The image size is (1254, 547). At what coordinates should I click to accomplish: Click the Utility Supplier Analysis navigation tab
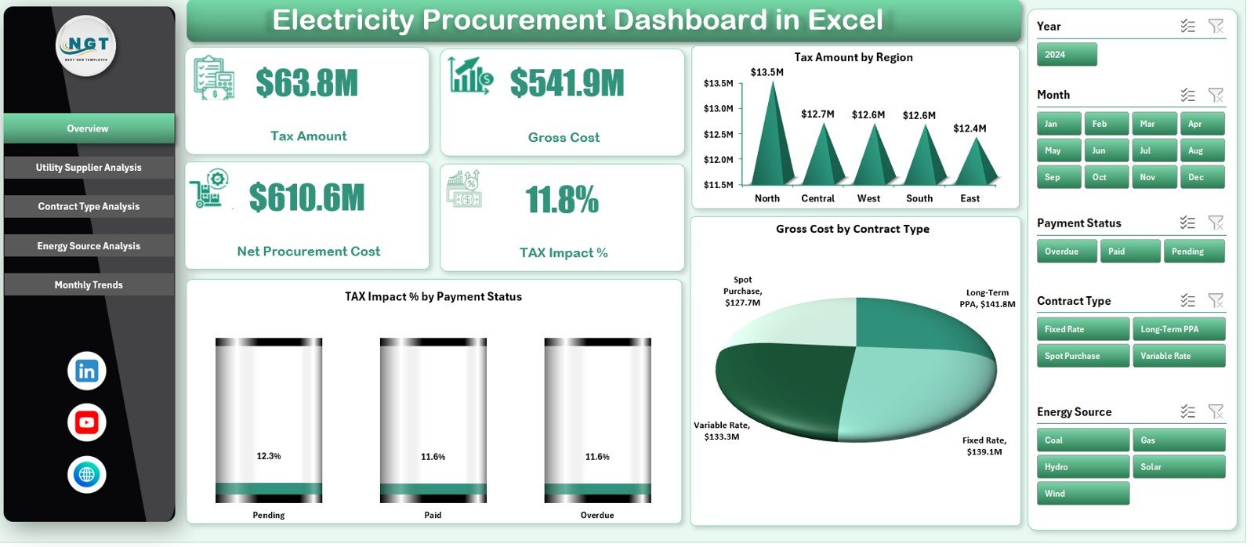click(89, 168)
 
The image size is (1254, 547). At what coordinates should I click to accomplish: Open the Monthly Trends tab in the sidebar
click(89, 285)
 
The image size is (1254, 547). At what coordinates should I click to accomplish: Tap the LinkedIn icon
click(87, 371)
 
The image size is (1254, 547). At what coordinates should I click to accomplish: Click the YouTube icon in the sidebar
click(87, 423)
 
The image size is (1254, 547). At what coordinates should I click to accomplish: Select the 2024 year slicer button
click(1066, 55)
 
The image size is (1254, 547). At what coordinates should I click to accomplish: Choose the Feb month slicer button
click(1105, 124)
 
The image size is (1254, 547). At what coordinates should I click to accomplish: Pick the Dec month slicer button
click(1201, 177)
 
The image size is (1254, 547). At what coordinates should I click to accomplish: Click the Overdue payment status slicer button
click(1066, 252)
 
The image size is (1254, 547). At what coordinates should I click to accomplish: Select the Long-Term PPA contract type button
click(1177, 329)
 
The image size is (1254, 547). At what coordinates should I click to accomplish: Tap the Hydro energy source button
click(1082, 467)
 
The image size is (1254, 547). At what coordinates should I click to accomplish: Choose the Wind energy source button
click(1082, 494)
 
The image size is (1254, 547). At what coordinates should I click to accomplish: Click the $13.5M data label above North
click(767, 72)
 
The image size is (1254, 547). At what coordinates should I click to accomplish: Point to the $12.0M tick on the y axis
click(718, 160)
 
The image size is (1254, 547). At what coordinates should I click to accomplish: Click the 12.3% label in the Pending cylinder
click(269, 456)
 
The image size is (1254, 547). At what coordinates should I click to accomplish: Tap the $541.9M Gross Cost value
click(567, 83)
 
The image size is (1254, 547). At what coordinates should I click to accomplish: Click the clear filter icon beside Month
click(1216, 95)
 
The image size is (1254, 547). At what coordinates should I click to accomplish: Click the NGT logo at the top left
click(87, 45)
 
